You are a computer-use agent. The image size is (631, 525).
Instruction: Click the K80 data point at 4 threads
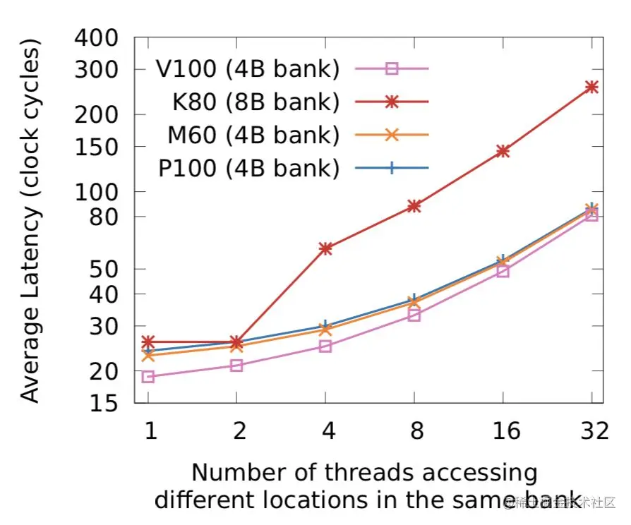[325, 248]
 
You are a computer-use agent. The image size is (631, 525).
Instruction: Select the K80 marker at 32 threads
[591, 87]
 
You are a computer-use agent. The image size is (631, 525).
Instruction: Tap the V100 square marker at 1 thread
[148, 377]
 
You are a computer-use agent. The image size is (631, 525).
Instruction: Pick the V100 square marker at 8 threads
[414, 315]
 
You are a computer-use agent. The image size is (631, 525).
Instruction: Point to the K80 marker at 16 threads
[503, 151]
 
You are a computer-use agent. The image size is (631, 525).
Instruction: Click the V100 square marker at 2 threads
[236, 366]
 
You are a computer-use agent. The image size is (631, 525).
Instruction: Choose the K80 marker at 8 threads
[414, 205]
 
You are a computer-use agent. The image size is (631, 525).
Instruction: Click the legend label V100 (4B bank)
[248, 69]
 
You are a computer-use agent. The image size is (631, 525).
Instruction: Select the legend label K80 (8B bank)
[256, 102]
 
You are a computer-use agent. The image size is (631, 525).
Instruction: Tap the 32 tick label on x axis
[591, 430]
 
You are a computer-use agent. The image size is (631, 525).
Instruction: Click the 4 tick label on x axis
[325, 430]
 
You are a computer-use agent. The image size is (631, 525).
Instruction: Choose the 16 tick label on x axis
[503, 430]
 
